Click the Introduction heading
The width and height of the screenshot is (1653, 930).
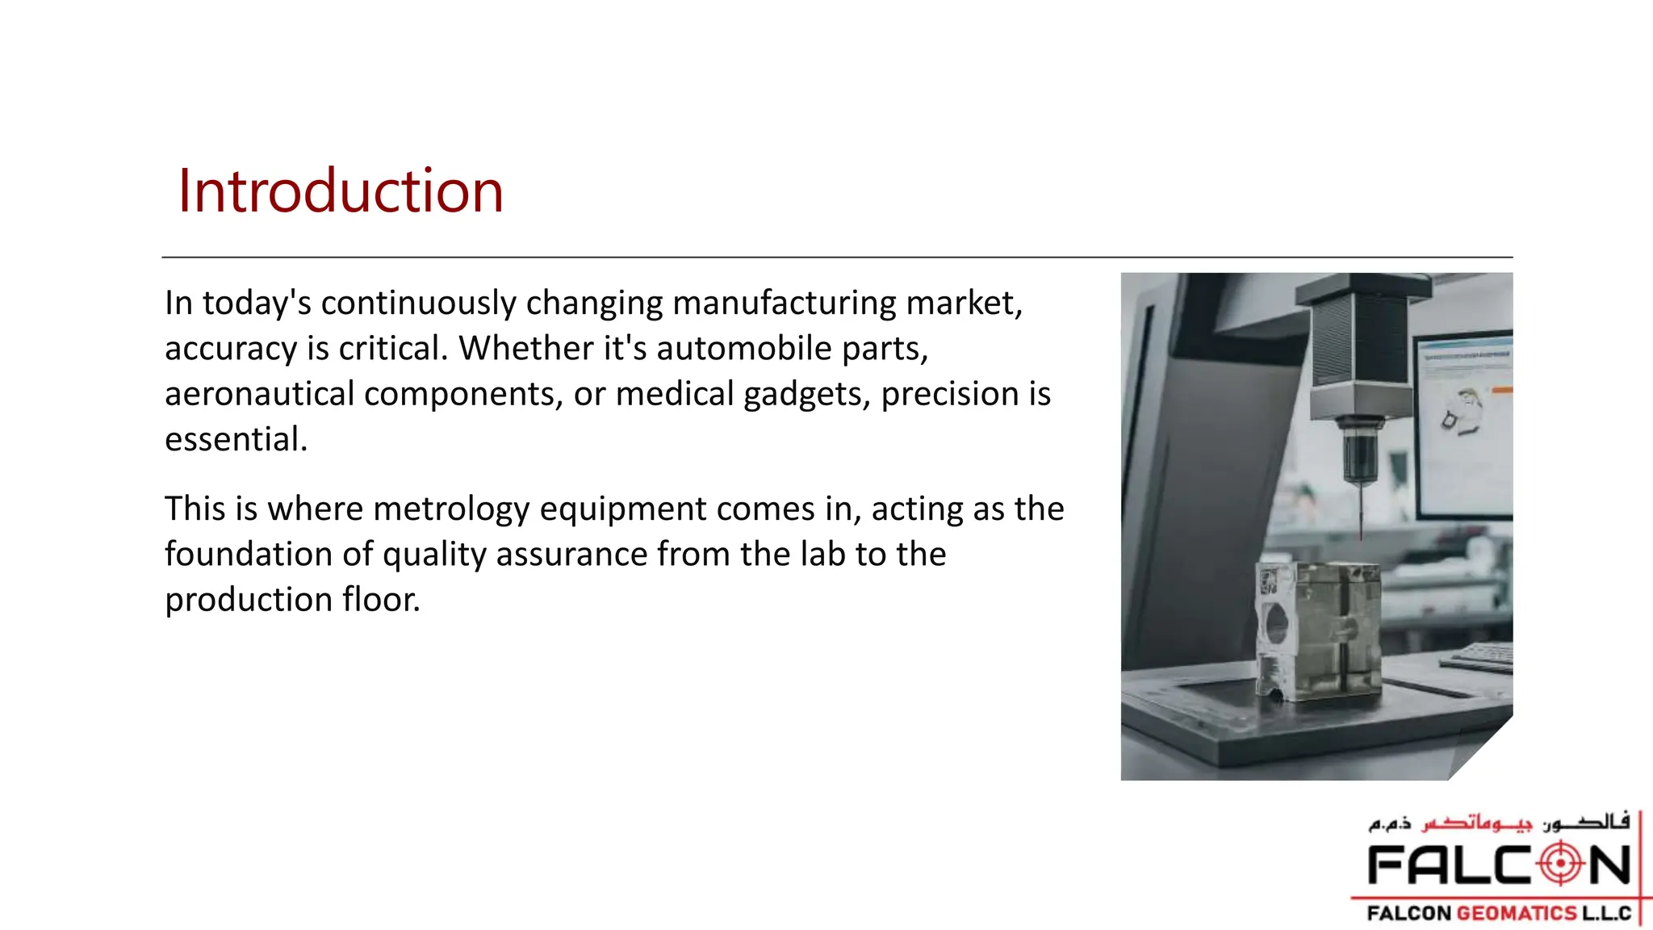pyautogui.click(x=340, y=191)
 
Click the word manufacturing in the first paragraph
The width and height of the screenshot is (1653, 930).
pyautogui.click(x=784, y=304)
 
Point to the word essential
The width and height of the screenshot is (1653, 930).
pyautogui.click(x=235, y=440)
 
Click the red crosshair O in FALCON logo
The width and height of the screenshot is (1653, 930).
pyautogui.click(x=1561, y=864)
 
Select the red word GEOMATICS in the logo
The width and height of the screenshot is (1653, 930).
pyautogui.click(x=1517, y=913)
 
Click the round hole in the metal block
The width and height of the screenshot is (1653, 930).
pyautogui.click(x=1277, y=624)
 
